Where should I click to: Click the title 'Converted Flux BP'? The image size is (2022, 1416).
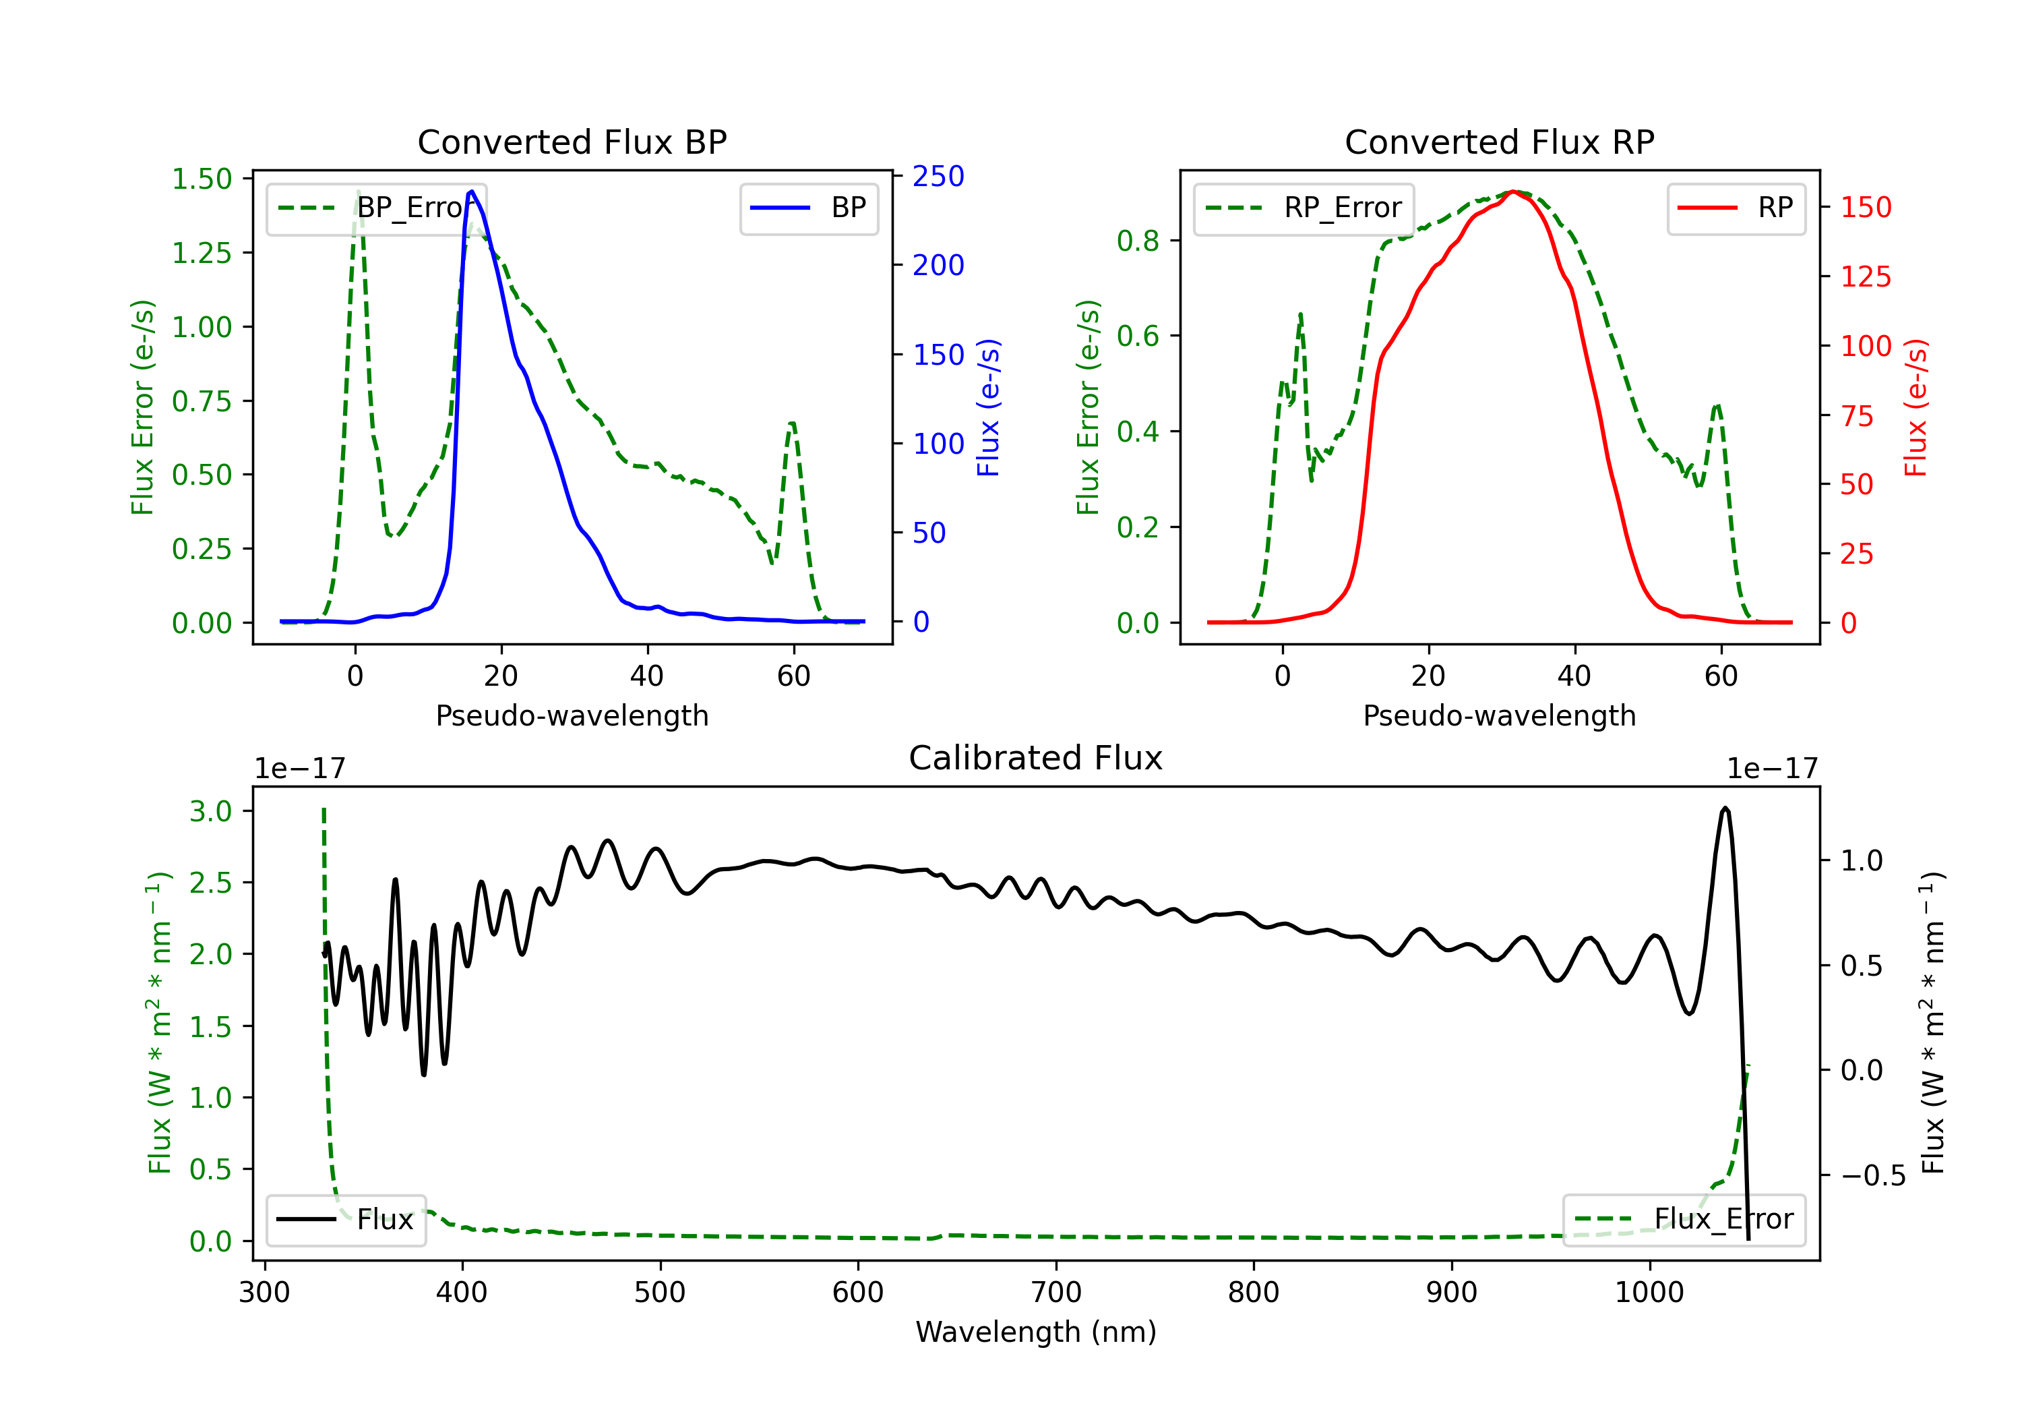(572, 142)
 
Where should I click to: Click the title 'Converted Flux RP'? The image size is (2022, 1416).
(1499, 142)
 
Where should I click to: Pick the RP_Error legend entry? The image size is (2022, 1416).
(1304, 208)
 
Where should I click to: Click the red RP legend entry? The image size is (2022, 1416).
(1736, 208)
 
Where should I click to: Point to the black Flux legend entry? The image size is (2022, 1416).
(346, 1220)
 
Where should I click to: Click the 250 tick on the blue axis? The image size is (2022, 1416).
(938, 176)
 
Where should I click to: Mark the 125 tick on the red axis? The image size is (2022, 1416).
(1865, 276)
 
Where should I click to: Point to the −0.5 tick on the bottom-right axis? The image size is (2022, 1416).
(1872, 1175)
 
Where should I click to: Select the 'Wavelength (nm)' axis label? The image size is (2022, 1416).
(1036, 1332)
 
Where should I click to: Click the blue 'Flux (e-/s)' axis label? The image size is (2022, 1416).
(988, 407)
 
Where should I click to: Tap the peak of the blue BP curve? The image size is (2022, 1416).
(472, 191)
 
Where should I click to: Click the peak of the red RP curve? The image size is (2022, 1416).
(1512, 191)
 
